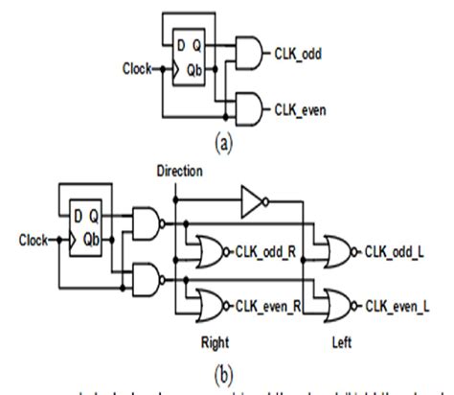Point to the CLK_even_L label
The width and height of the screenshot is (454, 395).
398,304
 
